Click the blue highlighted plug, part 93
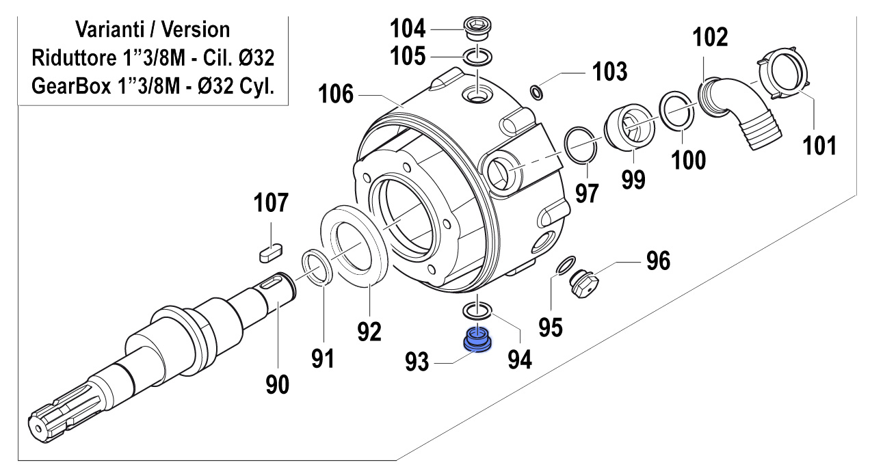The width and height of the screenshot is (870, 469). [x=477, y=340]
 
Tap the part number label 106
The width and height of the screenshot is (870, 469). [x=336, y=94]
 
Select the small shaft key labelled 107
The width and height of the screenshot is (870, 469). [x=271, y=252]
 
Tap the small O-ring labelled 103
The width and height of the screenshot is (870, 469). [x=537, y=93]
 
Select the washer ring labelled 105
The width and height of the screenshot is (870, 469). [x=477, y=57]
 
